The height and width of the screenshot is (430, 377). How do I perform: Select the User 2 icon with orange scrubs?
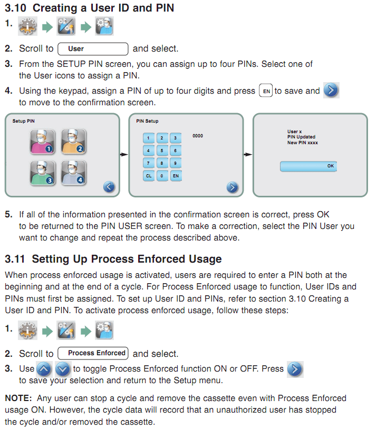pos(73,142)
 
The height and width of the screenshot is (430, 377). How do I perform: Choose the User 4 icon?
pos(73,173)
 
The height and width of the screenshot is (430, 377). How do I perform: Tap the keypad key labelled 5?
pos(162,151)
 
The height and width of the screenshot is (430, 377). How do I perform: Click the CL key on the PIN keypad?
pos(149,176)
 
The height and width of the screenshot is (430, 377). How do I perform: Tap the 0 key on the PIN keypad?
pos(162,176)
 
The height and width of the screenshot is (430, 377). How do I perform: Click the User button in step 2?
pos(93,49)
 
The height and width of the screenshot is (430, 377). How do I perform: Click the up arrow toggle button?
pos(44,369)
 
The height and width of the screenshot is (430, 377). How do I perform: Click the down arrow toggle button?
pos(63,369)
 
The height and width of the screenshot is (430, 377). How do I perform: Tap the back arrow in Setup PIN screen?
pos(109,187)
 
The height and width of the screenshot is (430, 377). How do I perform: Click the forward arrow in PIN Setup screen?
pos(233,187)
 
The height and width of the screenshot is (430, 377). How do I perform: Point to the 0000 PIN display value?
pos(198,136)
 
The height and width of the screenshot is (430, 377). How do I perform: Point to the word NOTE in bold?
pos(17,398)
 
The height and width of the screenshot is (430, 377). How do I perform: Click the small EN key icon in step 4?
pos(266,91)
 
